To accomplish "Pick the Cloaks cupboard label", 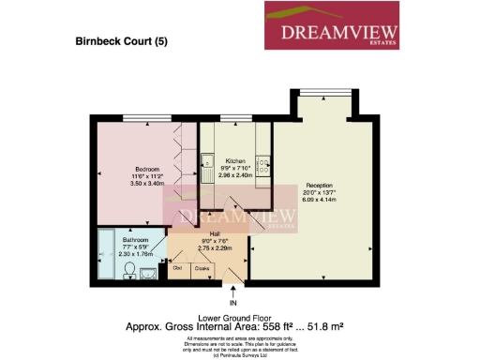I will [x=201, y=268].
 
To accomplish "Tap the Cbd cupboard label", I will [x=177, y=268].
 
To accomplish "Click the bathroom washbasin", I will [x=128, y=270].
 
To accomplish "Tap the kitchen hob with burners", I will [x=263, y=166].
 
